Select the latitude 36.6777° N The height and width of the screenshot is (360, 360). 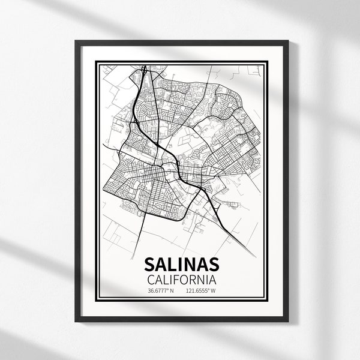(x=159, y=292)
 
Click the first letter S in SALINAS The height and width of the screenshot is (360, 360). (x=149, y=264)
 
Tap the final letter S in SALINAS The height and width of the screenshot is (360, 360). (x=212, y=264)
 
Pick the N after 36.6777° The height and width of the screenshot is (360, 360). (x=172, y=292)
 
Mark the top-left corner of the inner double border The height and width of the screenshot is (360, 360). (x=96, y=59)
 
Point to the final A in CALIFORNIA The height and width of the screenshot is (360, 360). (x=212, y=279)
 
